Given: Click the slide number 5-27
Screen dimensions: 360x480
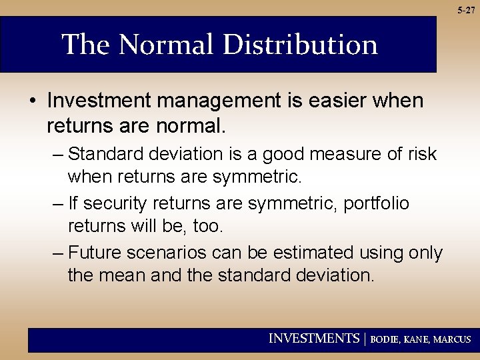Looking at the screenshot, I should pyautogui.click(x=467, y=11).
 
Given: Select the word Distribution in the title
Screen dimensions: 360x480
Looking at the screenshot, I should pyautogui.click(x=300, y=45).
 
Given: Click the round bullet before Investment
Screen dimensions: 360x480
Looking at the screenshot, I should pyautogui.click(x=33, y=101).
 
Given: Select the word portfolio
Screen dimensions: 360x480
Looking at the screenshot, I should pyautogui.click(x=377, y=203).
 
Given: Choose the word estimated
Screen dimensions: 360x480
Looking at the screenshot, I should pyautogui.click(x=300, y=253).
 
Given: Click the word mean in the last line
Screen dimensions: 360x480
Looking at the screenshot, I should pyautogui.click(x=123, y=275).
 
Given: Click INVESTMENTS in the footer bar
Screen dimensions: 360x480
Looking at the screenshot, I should pyautogui.click(x=313, y=339).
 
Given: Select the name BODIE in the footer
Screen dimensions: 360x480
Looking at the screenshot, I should pyautogui.click(x=385, y=339).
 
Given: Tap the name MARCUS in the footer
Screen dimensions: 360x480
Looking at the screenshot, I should pyautogui.click(x=452, y=339).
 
